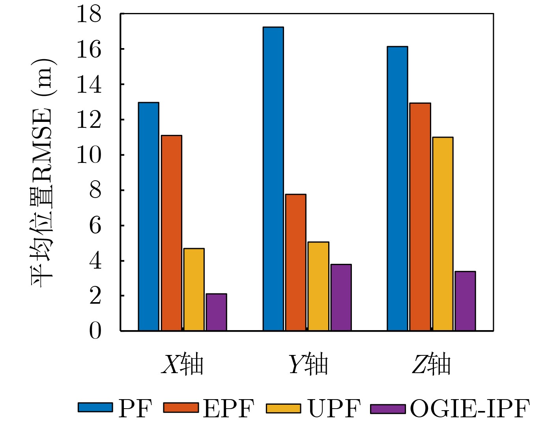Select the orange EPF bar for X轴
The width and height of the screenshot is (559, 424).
[171, 233]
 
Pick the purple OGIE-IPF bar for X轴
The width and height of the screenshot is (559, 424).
[216, 312]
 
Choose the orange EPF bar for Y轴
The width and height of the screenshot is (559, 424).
[295, 262]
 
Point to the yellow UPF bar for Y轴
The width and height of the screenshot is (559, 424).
[318, 286]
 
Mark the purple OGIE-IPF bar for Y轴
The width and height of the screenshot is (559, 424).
[341, 297]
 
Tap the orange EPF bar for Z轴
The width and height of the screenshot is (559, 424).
[420, 217]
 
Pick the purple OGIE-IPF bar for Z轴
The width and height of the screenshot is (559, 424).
[465, 301]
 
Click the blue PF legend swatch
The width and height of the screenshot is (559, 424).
[95, 408]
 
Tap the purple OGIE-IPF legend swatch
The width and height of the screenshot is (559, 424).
[388, 409]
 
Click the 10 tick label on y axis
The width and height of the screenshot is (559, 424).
[88, 155]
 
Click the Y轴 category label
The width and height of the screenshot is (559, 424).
[308, 364]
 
